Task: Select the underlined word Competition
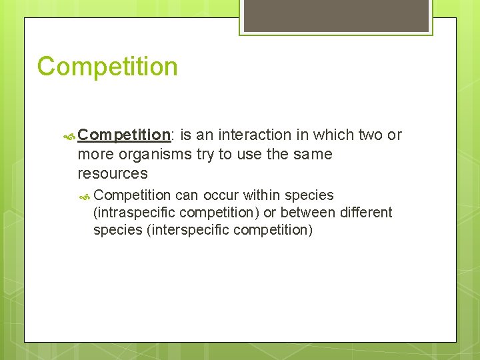tap(124, 135)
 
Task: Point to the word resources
tap(113, 174)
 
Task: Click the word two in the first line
tap(370, 135)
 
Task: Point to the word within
tap(262, 195)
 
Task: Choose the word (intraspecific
tap(134, 213)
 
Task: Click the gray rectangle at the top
tap(335, 15)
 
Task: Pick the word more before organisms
tap(96, 155)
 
